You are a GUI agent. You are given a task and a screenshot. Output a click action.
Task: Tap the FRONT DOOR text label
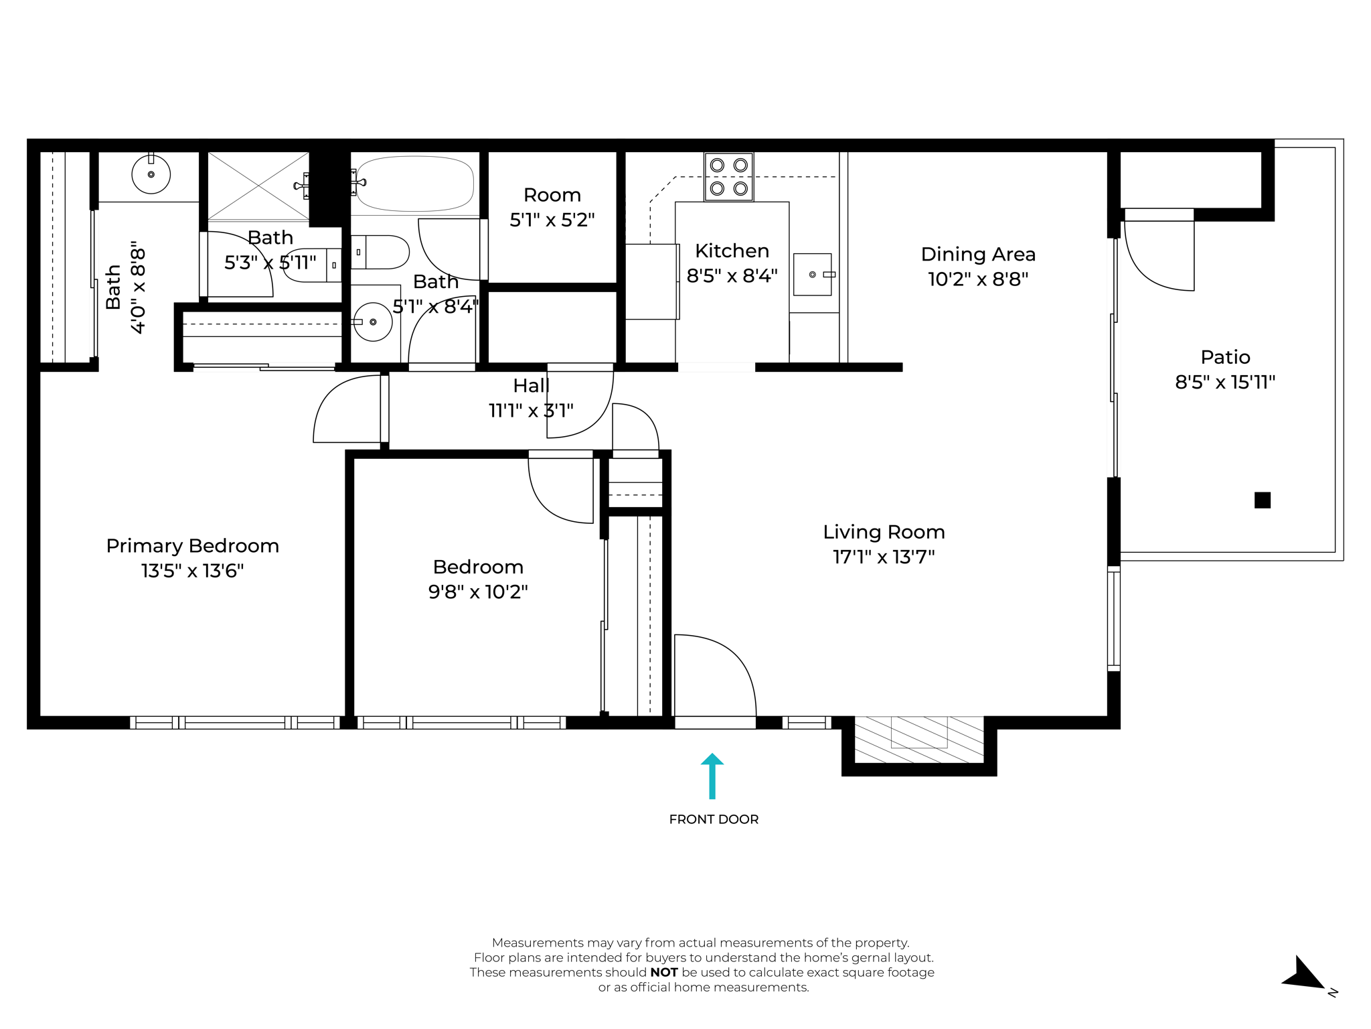click(714, 819)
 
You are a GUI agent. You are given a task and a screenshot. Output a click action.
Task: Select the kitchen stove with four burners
click(728, 177)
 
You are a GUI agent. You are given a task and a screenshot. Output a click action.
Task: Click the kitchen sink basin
click(812, 274)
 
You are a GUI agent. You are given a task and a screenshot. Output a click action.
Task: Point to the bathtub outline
click(415, 184)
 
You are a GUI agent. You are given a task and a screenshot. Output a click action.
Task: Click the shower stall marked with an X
click(258, 186)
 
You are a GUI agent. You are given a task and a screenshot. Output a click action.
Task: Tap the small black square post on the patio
click(1262, 500)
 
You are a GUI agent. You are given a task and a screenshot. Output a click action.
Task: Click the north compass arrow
click(1302, 974)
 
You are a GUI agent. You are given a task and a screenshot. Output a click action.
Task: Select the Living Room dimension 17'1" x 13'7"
click(884, 557)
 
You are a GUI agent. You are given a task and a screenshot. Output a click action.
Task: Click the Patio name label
click(1225, 357)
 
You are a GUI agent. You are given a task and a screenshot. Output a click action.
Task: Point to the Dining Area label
click(978, 255)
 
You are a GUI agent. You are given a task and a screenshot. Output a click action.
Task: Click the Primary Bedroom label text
click(193, 546)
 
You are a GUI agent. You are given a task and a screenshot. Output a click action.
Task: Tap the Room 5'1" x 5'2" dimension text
click(552, 220)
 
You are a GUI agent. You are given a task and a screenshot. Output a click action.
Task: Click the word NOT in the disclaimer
click(663, 972)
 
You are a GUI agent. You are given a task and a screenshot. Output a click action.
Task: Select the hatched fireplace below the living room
click(919, 739)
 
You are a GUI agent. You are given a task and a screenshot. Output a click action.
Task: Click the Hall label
click(531, 386)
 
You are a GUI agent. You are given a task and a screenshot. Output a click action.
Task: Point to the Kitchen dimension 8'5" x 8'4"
click(732, 276)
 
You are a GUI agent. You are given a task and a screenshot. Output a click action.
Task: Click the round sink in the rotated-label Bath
click(151, 174)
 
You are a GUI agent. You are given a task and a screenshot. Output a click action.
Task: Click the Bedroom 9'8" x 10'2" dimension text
click(478, 592)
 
